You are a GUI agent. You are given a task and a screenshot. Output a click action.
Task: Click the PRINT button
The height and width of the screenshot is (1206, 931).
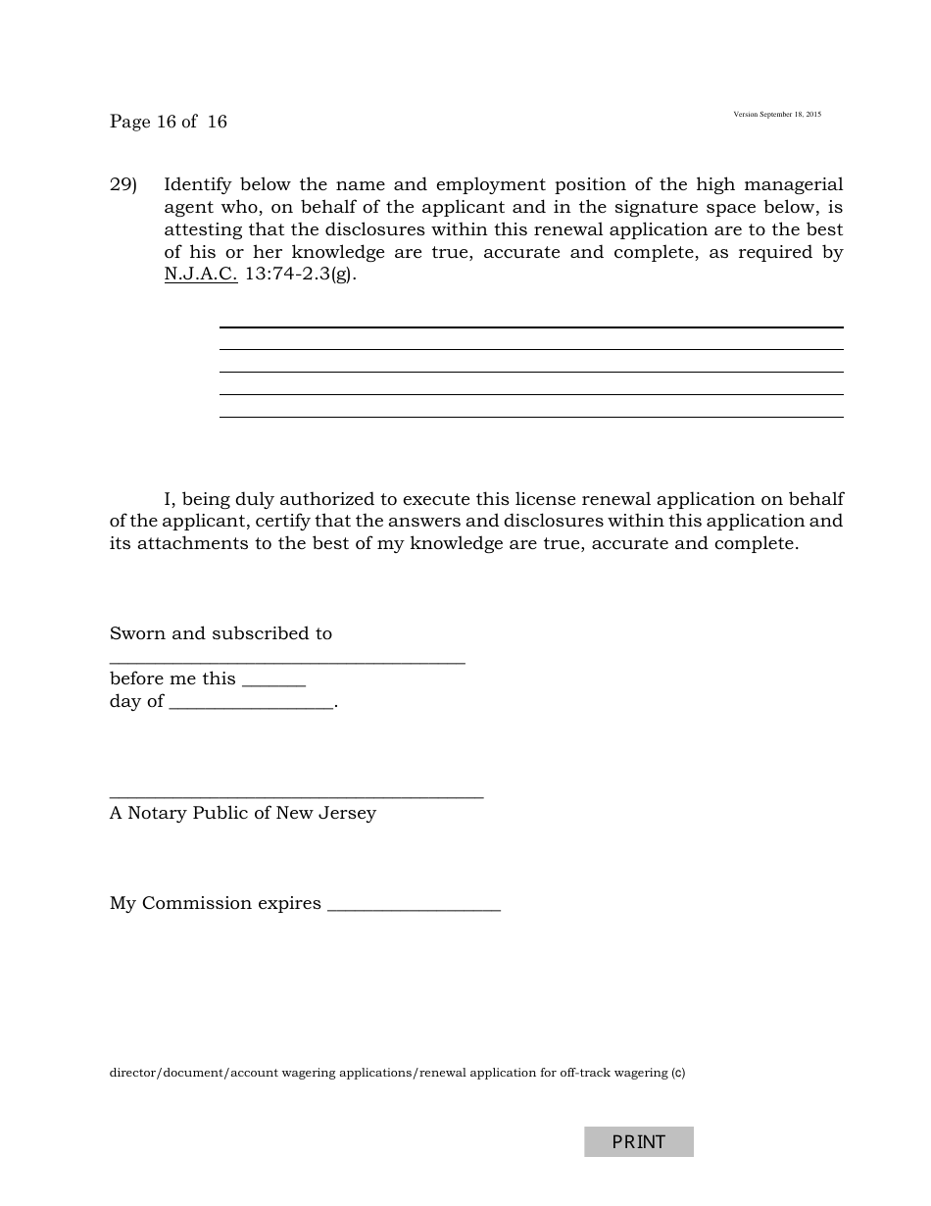coord(638,1141)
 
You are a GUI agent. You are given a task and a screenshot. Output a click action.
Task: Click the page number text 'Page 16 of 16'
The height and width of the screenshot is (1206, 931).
coord(169,122)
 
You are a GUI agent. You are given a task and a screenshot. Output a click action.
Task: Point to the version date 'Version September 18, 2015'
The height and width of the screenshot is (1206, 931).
coord(777,115)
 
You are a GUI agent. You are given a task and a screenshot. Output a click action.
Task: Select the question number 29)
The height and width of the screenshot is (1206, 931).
coord(123,184)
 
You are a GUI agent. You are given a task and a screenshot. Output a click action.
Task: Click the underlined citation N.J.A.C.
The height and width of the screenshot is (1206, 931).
coord(201,275)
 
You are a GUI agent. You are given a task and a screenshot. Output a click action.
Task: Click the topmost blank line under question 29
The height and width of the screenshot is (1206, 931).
coord(530,327)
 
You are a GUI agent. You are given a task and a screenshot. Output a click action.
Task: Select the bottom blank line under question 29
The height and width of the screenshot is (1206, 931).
coord(530,417)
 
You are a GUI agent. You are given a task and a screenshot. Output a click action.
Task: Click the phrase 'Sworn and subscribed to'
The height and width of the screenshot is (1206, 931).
coord(220,633)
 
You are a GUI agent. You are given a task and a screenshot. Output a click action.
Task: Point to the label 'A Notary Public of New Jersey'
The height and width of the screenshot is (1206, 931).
coord(243,813)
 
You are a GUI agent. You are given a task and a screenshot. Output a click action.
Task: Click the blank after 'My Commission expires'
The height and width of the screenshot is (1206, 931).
coord(414,910)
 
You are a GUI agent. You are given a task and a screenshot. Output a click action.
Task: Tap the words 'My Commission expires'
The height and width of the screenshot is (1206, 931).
coord(216,903)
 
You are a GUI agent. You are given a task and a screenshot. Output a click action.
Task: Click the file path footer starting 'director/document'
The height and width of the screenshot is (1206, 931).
coord(397,1073)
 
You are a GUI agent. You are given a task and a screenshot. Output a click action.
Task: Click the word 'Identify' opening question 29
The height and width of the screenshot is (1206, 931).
coord(197,184)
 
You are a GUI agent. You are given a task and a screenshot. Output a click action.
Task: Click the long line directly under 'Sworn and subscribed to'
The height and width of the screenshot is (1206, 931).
coord(287,664)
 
